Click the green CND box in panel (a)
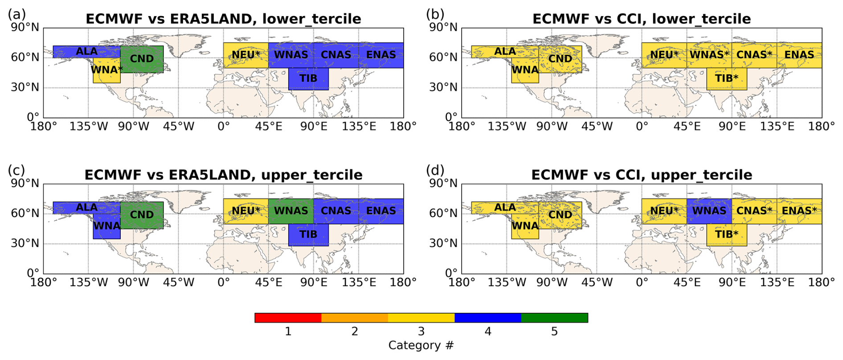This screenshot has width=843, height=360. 142,59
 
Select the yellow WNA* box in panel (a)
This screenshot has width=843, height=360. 106,70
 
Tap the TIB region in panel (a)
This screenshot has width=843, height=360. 308,79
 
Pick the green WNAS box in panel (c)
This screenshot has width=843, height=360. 291,211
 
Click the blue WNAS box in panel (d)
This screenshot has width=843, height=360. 709,211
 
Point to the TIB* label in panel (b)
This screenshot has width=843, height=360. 727,78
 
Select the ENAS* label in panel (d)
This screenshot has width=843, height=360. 799,211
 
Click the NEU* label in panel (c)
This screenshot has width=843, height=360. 246,211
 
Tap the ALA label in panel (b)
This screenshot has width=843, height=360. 505,52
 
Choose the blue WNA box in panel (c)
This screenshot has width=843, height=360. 106,226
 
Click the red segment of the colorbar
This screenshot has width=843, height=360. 288,318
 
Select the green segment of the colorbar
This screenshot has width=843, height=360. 555,318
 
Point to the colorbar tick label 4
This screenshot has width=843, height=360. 488,331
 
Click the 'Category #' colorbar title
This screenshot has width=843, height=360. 421,346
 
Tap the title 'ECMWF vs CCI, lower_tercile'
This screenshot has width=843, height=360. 642,19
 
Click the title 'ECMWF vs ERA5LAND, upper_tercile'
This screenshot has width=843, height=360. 223,175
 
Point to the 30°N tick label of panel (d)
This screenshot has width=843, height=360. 443,243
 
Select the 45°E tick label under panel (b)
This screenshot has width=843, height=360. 687,127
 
